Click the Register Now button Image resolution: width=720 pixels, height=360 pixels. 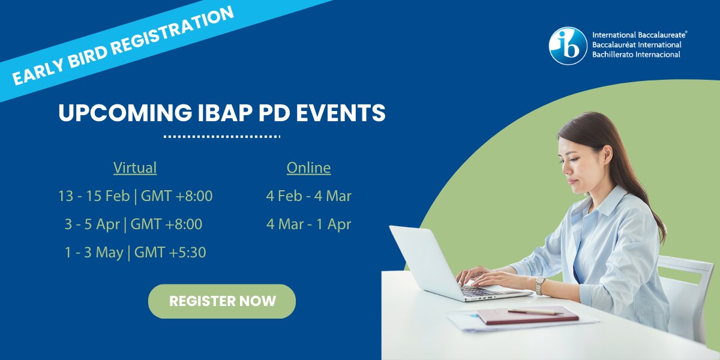click(222, 301)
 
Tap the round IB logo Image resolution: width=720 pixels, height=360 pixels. click(568, 45)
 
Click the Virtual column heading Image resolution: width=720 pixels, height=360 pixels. click(135, 168)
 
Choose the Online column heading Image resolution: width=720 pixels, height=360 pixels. click(308, 168)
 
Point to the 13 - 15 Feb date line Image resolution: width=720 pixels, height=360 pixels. click(135, 196)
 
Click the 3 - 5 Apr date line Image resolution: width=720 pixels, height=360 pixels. click(133, 224)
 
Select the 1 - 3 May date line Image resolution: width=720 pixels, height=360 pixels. click(135, 253)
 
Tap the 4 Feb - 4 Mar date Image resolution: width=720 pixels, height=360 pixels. click(308, 196)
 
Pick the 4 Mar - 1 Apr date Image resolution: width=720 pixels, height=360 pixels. click(308, 224)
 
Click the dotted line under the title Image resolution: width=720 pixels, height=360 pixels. click(222, 136)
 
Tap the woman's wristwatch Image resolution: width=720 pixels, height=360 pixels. click(540, 285)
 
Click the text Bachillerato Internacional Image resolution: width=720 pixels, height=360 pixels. click(636, 55)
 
